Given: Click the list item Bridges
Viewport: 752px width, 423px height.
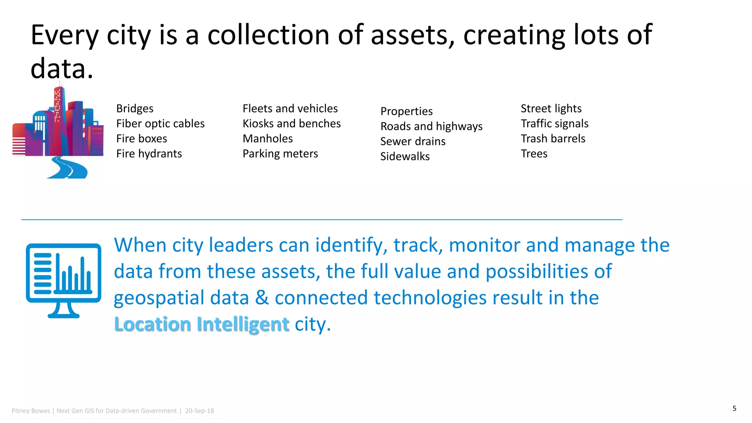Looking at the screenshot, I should [135, 109].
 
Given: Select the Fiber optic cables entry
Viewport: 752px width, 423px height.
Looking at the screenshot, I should [160, 124].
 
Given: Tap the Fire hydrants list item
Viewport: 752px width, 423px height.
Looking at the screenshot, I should [149, 154].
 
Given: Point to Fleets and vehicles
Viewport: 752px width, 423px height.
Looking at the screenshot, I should [290, 109].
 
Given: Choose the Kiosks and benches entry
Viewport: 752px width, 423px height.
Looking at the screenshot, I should [292, 124].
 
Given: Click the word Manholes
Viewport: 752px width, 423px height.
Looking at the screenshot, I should [268, 139].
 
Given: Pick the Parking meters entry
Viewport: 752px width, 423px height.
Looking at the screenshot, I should [280, 154].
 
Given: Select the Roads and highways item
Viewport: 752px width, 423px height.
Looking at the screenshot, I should [431, 126].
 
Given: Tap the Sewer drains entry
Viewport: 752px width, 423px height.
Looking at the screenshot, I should [413, 141].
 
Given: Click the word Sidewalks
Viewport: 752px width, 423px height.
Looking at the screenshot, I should [405, 156].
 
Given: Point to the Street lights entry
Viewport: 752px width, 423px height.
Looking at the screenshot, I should [551, 109].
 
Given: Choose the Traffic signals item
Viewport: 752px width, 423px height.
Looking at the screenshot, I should [554, 124].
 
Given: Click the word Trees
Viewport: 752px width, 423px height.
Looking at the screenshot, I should [534, 154].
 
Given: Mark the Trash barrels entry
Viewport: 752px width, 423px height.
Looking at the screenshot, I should [553, 139].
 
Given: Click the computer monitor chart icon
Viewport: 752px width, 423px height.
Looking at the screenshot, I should [64, 280].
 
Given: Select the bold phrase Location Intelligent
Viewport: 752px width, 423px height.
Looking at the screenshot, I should [202, 324].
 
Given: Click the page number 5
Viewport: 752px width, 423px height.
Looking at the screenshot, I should [734, 408].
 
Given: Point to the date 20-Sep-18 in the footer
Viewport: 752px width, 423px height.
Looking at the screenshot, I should [199, 411].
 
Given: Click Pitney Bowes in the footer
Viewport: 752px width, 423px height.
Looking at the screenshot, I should [31, 411].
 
